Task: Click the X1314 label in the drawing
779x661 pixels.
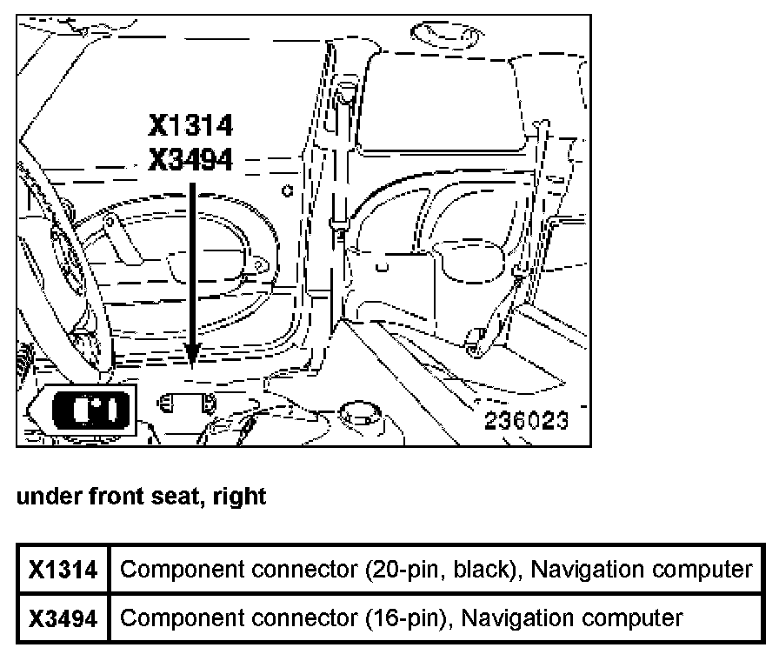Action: [190, 127]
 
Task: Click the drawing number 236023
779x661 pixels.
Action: [526, 421]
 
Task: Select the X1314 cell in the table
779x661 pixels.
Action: [63, 570]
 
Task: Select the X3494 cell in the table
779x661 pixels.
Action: [63, 618]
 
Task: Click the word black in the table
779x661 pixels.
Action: [488, 570]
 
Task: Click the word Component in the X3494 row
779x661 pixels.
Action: [173, 618]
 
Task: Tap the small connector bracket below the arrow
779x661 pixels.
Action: [186, 404]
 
